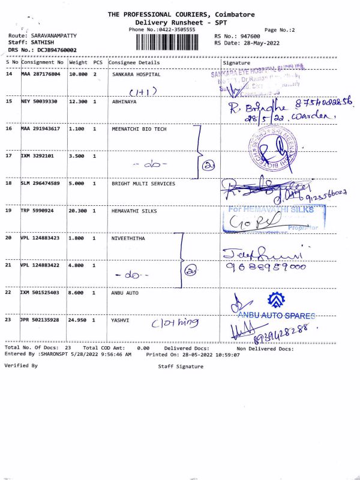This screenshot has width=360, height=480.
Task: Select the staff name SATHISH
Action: [x=37, y=43]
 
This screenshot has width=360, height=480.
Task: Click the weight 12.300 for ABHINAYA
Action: [x=79, y=102]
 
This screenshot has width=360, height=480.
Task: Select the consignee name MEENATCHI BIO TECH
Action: [x=139, y=130]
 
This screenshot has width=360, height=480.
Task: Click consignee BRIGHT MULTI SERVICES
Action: [x=143, y=184]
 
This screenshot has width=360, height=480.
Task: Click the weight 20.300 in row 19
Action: [x=79, y=211]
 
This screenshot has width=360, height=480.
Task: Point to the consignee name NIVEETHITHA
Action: [x=129, y=238]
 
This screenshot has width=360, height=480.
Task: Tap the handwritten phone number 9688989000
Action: [x=265, y=268]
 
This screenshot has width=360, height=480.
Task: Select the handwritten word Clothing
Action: [x=174, y=323]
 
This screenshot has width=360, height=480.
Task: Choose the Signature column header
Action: [x=236, y=62]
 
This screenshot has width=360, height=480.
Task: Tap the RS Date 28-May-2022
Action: [x=264, y=43]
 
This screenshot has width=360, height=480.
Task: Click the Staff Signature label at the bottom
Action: [x=181, y=365]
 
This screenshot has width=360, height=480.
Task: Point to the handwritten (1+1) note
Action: [x=143, y=91]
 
